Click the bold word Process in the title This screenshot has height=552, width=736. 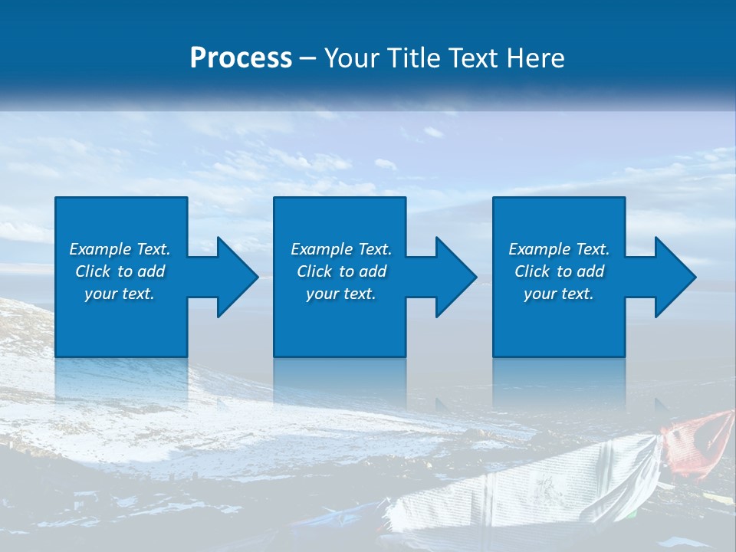click(241, 58)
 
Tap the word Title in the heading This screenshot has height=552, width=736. click(411, 58)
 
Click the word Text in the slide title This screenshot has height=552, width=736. click(475, 58)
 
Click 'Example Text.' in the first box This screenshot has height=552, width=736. click(120, 249)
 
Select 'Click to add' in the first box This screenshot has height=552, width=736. click(120, 271)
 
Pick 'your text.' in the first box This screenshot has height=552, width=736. click(120, 294)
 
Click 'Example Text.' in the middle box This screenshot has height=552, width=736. click(340, 249)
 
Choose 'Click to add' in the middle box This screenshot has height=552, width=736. click(340, 271)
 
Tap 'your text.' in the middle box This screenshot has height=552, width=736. click(340, 294)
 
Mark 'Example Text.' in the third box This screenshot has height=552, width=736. click(559, 249)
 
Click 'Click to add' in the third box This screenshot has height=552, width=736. click(559, 271)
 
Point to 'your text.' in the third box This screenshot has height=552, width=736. click(559, 294)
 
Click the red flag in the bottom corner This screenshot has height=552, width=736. click(699, 441)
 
